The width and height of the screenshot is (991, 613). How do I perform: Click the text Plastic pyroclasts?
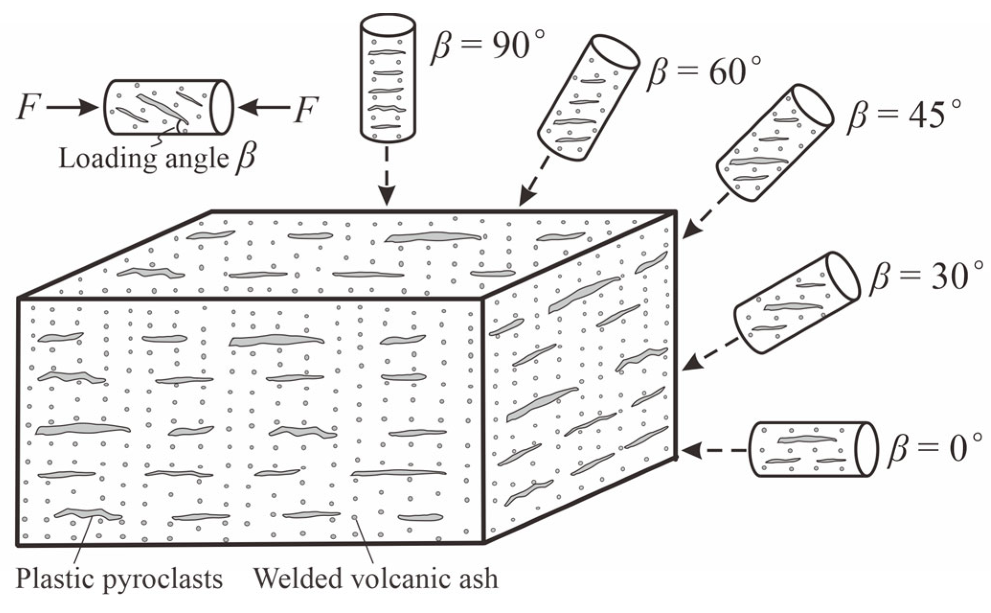pos(120,579)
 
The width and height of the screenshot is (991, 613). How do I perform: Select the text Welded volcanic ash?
pos(376,579)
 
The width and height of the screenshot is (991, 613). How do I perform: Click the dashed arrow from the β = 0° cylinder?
pos(713,450)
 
